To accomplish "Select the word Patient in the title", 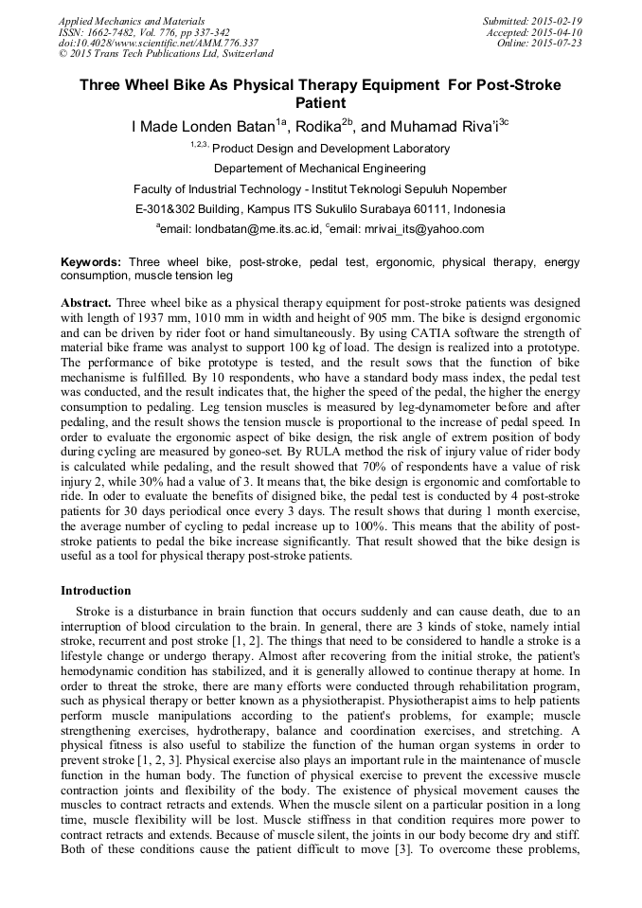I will point(320,102).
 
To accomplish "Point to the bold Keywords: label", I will point(91,261).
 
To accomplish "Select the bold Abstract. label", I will point(86,303).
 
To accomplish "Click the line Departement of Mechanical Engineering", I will point(320,169).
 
